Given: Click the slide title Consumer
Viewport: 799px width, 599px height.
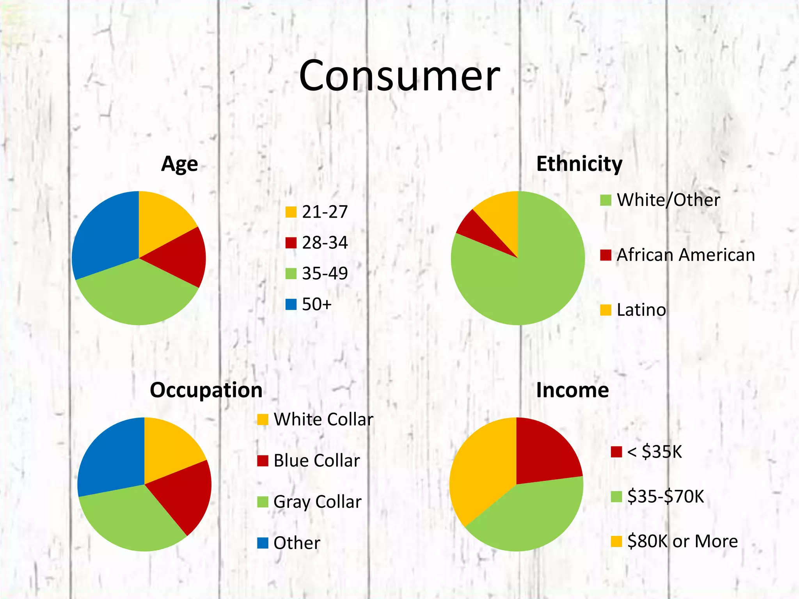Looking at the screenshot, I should click(399, 76).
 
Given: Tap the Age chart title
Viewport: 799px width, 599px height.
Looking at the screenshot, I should click(179, 164).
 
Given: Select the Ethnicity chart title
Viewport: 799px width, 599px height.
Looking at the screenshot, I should click(579, 164).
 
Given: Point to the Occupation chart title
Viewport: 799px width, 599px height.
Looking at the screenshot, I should click(206, 390).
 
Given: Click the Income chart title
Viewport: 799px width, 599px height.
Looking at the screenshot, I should click(572, 390).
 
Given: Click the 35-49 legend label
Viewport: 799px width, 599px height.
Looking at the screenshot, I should click(325, 273).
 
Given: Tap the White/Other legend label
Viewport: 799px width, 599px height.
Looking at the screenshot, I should click(668, 200).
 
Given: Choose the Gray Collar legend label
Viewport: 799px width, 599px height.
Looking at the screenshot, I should click(317, 502).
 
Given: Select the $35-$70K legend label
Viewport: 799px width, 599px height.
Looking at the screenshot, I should click(666, 497).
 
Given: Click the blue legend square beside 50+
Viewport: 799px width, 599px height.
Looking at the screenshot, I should click(291, 304).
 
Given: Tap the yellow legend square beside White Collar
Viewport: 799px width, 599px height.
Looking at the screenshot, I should click(263, 420).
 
